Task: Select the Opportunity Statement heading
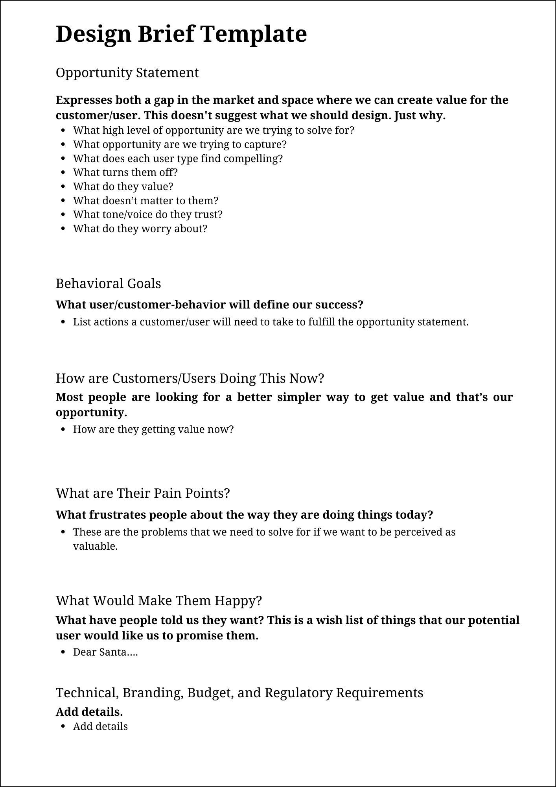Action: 127,73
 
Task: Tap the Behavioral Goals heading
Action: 108,284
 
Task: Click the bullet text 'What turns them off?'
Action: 125,173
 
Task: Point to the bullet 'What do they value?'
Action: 123,187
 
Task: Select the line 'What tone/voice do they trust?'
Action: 147,215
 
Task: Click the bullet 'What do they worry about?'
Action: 140,229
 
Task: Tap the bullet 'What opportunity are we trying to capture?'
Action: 180,144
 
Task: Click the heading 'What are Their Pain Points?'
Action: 143,493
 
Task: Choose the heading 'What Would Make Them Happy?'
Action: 158,601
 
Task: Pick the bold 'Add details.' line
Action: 89,712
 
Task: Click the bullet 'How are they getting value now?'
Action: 153,429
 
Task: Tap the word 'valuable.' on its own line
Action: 95,547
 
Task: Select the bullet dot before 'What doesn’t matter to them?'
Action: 63,201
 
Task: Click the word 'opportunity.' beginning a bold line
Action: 91,412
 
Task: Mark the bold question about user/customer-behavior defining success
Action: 209,305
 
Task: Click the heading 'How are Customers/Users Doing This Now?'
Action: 190,379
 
